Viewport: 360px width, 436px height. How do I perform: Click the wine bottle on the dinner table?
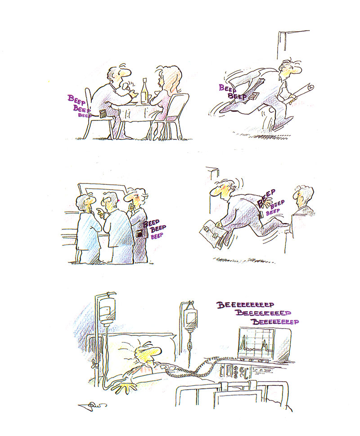144,91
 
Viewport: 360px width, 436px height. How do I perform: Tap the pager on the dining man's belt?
103,113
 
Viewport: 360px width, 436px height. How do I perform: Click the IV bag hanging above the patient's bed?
108,310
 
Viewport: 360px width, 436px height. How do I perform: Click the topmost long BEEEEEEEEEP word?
245,305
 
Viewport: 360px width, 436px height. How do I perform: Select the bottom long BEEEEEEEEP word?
275,322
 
